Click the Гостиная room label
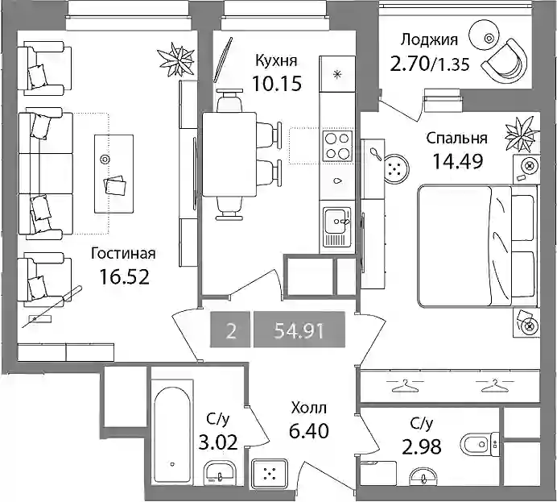(123, 254)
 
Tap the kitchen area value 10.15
(277, 84)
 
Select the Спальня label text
(457, 138)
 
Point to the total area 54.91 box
(299, 330)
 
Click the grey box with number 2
(230, 330)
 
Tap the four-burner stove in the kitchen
(337, 145)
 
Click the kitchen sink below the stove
(336, 226)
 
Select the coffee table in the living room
(113, 174)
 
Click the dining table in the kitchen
(229, 154)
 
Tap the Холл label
(308, 409)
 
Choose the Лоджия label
(429, 40)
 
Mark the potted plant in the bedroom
(522, 134)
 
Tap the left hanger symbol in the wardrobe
(405, 385)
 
